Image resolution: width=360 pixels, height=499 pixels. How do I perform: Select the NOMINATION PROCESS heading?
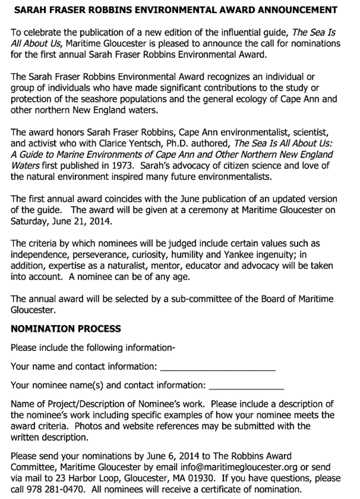click(x=66, y=329)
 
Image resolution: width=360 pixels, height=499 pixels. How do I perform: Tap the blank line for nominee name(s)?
click(x=246, y=387)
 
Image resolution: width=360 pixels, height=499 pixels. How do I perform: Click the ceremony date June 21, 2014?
click(x=78, y=221)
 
